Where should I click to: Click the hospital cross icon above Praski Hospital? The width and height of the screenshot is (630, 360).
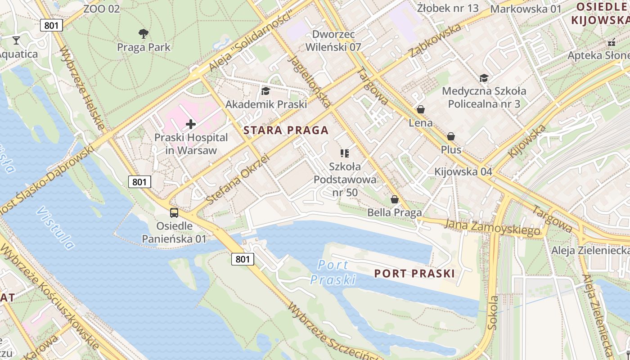click(191, 124)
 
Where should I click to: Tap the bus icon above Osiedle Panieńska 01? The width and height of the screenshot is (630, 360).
click(174, 212)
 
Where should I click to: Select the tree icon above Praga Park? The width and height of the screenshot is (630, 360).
click(144, 33)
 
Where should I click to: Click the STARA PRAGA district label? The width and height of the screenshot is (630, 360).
click(286, 130)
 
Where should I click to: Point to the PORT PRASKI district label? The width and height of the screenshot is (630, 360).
click(414, 273)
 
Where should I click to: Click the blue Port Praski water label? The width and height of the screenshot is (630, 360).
click(333, 272)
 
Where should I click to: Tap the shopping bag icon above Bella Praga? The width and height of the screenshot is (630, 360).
click(395, 199)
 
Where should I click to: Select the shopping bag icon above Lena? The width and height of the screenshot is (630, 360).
click(421, 109)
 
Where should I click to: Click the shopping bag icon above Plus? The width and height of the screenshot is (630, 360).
click(451, 136)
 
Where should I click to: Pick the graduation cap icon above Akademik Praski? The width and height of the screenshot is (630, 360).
click(265, 91)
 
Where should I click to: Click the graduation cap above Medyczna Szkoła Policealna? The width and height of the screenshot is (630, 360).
click(484, 78)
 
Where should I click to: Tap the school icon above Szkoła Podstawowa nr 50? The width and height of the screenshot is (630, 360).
click(345, 153)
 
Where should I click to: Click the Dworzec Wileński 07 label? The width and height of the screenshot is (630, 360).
click(333, 40)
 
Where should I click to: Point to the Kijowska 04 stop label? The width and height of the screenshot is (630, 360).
click(463, 171)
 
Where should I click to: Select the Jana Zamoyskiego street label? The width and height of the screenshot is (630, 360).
click(492, 227)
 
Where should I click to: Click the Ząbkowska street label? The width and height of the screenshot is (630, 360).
click(435, 40)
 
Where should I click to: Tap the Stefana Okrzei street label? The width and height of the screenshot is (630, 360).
click(237, 179)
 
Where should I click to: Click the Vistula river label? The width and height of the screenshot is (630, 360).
click(56, 228)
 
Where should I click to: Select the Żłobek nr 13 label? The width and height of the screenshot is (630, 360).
click(448, 8)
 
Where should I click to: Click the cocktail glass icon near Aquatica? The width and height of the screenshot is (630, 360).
click(16, 40)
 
